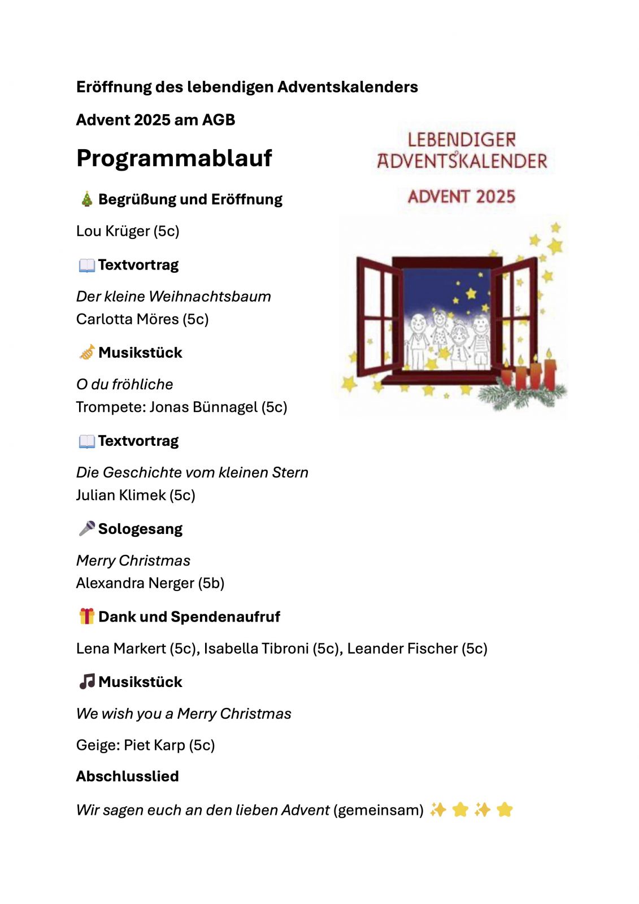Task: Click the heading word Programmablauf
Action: point(174,158)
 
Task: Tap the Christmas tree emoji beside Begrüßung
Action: point(86,199)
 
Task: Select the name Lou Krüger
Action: point(113,231)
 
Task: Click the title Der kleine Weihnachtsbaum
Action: point(173,296)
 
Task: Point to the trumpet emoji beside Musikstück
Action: point(86,353)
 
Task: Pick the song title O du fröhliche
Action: point(124,384)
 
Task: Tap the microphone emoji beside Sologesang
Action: point(86,529)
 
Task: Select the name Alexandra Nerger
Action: point(135,583)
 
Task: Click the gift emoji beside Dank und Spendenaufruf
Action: point(86,616)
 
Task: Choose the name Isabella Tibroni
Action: point(256,648)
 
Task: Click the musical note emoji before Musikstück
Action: point(86,682)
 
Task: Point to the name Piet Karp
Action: point(154,745)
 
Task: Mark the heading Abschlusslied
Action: point(127,776)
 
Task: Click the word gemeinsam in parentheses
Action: point(378,810)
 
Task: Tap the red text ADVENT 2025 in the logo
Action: point(462,197)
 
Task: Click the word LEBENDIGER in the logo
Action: point(462,140)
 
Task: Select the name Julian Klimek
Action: point(121,495)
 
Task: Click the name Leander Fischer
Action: point(402,648)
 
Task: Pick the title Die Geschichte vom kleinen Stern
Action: point(192,472)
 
